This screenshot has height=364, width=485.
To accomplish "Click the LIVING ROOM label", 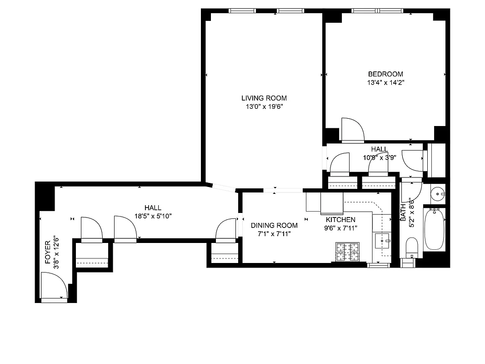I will [264, 98].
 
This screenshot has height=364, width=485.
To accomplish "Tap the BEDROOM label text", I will [385, 74].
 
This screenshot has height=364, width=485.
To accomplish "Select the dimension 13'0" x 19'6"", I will [264, 106].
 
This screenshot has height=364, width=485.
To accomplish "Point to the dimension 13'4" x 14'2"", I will [385, 83].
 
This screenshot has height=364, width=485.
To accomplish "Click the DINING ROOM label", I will [274, 225].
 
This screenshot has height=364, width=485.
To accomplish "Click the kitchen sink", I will [382, 240].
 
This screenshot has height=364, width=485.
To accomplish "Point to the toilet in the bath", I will [412, 248].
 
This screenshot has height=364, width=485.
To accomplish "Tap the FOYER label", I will [48, 256].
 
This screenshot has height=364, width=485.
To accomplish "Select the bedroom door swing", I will [352, 129].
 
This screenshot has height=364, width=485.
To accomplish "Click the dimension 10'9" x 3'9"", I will [379, 157].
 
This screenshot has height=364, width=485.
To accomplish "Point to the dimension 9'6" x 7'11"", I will [340, 228].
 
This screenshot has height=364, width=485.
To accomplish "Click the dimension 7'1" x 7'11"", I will [274, 233].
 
